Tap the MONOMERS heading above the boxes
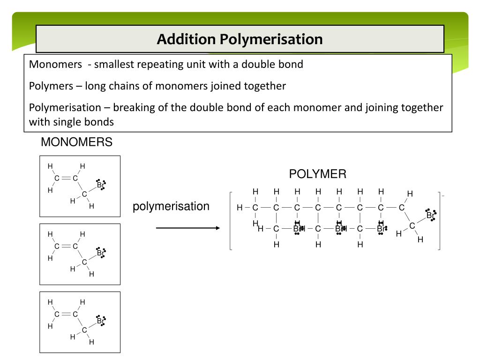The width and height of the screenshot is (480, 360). pos(77,142)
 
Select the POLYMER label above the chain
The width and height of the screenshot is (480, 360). pos(318,174)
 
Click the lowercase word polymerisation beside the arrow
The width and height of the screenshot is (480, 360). pos(171,206)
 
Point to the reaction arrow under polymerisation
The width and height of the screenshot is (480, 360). pos(187,228)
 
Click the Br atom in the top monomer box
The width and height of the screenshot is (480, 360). pos(100,185)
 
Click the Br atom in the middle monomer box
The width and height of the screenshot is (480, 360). pos(100,253)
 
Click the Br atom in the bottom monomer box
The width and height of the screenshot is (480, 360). pos(100,321)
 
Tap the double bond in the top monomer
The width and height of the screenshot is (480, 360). pos(66,178)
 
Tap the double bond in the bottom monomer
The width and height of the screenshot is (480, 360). pos(66,314)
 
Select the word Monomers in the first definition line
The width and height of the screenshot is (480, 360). pos(55,64)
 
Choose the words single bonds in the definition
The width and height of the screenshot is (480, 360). pos(90,122)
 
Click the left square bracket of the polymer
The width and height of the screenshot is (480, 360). pos(231,221)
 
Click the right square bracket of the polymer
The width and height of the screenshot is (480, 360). pos(439,221)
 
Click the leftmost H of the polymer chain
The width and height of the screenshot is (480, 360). pos(240,208)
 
